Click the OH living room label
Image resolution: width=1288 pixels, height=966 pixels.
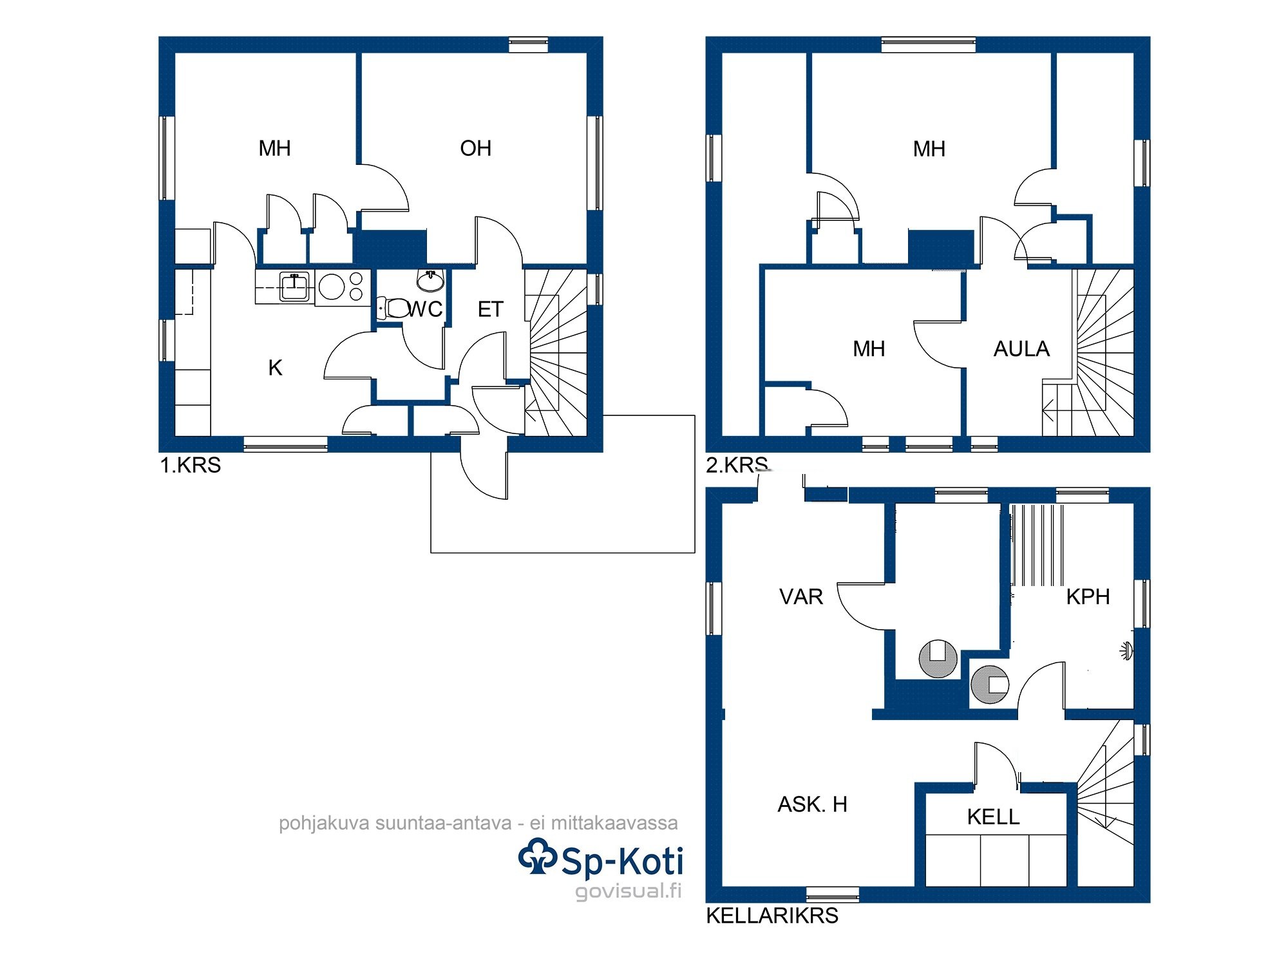pos(475,149)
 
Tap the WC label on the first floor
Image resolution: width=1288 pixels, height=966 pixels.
pos(425,309)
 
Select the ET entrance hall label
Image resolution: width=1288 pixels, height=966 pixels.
pos(490,310)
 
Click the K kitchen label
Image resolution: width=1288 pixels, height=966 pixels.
pos(275,368)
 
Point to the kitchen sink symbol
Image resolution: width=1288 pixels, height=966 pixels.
pos(294,286)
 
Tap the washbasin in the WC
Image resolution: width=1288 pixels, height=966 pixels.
pos(430,280)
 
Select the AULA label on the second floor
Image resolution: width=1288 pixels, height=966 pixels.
pos(1021,349)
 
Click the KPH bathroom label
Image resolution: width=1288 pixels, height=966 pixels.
pos(1088,597)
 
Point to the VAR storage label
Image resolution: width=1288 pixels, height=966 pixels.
pos(801,597)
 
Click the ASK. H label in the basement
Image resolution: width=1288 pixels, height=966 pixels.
pos(812,804)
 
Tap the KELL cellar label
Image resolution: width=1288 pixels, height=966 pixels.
pos(993,817)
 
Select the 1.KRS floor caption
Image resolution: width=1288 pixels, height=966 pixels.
pos(190,465)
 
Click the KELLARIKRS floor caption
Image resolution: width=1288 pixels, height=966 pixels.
pos(772,916)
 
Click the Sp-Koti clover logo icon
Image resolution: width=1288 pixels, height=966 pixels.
pos(537,856)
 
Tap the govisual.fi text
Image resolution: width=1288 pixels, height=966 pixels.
pos(628,891)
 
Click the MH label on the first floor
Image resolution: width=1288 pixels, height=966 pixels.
pos(274,149)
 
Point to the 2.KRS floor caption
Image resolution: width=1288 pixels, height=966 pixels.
pos(737,465)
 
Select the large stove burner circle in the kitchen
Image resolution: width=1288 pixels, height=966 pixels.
pos(332,287)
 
